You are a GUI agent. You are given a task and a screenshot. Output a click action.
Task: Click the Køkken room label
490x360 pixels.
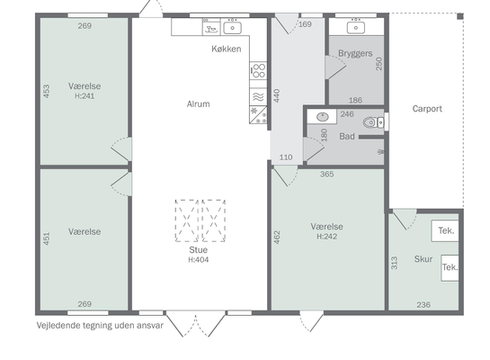click(227, 49)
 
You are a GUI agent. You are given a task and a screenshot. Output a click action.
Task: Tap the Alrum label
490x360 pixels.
click(198, 103)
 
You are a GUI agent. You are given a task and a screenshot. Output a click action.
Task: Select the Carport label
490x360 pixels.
click(427, 109)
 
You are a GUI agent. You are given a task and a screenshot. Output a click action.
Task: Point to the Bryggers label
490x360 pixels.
click(355, 53)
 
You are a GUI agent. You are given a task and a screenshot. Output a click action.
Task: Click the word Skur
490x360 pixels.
click(423, 259)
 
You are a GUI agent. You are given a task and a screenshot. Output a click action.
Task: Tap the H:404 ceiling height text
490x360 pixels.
click(199, 259)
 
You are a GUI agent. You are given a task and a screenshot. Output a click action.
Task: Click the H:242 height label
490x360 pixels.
click(327, 237)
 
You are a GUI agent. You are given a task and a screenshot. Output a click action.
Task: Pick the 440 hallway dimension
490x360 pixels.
click(277, 95)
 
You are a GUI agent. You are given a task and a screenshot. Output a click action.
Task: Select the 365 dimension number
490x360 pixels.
click(327, 174)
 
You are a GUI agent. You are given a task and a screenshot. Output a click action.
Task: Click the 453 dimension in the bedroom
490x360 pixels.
click(46, 91)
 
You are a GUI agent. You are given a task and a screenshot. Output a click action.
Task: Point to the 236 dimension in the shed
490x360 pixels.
click(423, 304)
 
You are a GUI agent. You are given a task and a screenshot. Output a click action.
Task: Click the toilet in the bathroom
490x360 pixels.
click(373, 122)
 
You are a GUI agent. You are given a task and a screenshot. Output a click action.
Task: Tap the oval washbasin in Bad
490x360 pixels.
click(323, 117)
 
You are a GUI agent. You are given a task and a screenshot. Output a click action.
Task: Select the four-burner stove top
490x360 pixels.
click(258, 71)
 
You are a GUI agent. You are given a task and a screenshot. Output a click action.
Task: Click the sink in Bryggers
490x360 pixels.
click(356, 27)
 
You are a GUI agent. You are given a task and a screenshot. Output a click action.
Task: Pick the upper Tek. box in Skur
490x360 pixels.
click(445, 230)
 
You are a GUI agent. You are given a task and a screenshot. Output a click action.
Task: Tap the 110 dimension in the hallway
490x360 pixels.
click(286, 157)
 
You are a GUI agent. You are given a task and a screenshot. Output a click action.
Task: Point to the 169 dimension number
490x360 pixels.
click(305, 24)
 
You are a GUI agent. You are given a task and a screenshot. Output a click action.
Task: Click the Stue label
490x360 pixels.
click(198, 250)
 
